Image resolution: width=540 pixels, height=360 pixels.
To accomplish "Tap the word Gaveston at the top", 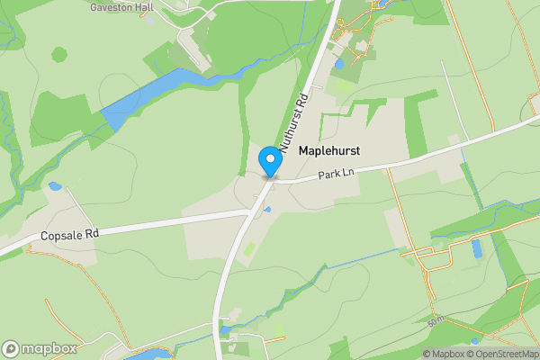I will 111,5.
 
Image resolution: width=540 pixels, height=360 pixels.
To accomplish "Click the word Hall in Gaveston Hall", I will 145,5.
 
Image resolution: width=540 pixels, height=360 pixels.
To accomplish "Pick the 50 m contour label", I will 437,320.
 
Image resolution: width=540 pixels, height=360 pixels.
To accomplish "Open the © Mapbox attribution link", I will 443,354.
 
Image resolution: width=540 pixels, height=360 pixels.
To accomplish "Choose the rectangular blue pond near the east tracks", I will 477,246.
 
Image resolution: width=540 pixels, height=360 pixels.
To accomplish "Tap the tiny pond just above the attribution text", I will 474,342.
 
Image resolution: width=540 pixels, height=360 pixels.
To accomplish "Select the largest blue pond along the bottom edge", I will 148,355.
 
